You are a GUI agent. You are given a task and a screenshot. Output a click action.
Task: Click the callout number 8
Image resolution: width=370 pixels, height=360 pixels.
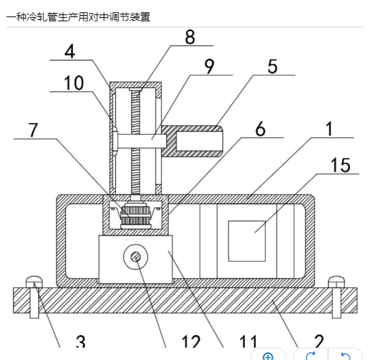pyautogui.click(x=190, y=37)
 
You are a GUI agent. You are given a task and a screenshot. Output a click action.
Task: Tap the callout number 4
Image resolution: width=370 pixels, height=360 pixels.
pyautogui.click(x=70, y=52)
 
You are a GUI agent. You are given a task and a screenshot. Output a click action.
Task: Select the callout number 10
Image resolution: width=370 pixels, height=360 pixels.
pyautogui.click(x=74, y=83)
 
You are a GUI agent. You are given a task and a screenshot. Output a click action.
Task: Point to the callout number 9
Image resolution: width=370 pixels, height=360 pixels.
pyautogui.click(x=209, y=67)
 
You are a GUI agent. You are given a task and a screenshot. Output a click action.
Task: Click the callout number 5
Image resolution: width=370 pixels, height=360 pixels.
pyautogui.click(x=273, y=67)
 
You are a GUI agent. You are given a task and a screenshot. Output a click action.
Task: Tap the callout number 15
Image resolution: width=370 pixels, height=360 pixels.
pyautogui.click(x=340, y=165)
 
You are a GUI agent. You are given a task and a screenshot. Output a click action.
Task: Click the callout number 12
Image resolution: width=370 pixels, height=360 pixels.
pyautogui.click(x=191, y=341)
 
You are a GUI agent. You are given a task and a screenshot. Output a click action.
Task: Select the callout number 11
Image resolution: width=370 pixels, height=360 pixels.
pyautogui.click(x=248, y=341)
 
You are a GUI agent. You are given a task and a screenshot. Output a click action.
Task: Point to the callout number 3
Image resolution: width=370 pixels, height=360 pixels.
pyautogui.click(x=81, y=341)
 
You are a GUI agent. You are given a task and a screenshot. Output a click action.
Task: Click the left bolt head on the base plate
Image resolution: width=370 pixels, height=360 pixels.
pyautogui.click(x=34, y=282)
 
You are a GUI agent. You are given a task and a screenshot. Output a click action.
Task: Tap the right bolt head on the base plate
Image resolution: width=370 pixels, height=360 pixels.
pyautogui.click(x=336, y=282)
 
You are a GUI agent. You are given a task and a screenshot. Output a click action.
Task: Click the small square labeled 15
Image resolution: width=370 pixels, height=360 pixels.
pyautogui.click(x=247, y=241)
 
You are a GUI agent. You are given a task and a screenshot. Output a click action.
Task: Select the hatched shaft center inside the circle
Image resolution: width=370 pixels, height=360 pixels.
pyautogui.click(x=136, y=257)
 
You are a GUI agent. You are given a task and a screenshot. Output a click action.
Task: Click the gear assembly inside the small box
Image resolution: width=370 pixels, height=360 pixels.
pyautogui.click(x=136, y=214)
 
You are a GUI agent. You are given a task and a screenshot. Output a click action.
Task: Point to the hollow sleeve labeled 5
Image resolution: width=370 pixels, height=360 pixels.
pyautogui.click(x=192, y=142)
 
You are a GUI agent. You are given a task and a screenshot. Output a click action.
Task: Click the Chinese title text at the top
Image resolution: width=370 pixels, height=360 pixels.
pyautogui.click(x=78, y=17)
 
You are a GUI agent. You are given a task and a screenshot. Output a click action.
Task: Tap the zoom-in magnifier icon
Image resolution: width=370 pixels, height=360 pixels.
pyautogui.click(x=268, y=356)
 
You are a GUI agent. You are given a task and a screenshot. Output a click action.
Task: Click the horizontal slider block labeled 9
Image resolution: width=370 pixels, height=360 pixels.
pyautogui.click(x=139, y=141)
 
